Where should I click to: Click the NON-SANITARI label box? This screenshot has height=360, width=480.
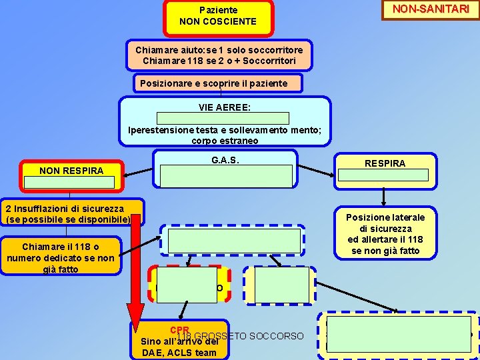pos(431,9)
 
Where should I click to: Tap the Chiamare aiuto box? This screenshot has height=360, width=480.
pos(219,55)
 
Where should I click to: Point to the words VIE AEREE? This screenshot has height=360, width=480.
pos(224,107)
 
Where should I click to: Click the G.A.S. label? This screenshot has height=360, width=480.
pos(225,161)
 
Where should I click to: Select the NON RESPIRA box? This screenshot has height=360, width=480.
pos(71,171)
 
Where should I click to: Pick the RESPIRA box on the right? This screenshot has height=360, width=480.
pos(384,163)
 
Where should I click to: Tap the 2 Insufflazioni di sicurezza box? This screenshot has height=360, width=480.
pos(71,213)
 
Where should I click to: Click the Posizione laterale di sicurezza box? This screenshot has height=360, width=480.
pos(385,233)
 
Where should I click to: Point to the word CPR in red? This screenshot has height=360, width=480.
pos(179,330)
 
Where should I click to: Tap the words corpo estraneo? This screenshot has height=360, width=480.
pos(225,141)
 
